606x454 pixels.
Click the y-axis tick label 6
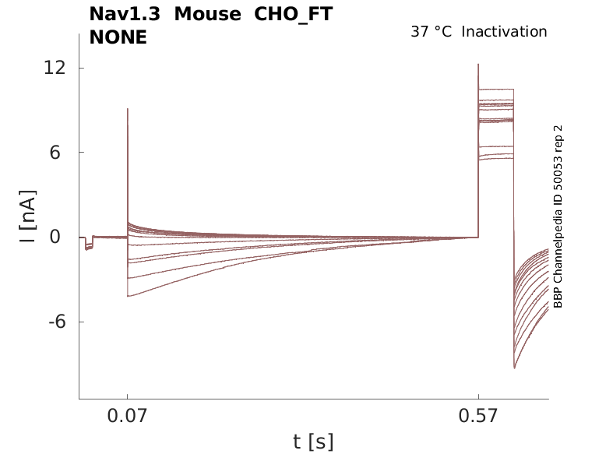[56, 153]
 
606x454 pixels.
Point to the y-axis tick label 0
[56, 238]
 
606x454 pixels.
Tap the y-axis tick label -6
[51, 322]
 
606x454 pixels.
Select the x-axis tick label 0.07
[128, 417]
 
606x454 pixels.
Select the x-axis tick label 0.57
[478, 417]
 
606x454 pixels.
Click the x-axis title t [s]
[313, 442]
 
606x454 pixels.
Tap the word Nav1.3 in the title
[125, 14]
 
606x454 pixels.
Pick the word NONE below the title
[118, 37]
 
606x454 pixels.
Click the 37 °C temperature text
[431, 32]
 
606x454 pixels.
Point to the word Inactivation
[505, 32]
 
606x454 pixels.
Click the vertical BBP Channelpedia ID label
[558, 216]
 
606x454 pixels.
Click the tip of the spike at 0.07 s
[127, 109]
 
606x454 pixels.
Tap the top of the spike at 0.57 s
[478, 65]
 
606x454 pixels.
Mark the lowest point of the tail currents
[515, 368]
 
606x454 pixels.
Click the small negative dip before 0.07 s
[88, 248]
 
